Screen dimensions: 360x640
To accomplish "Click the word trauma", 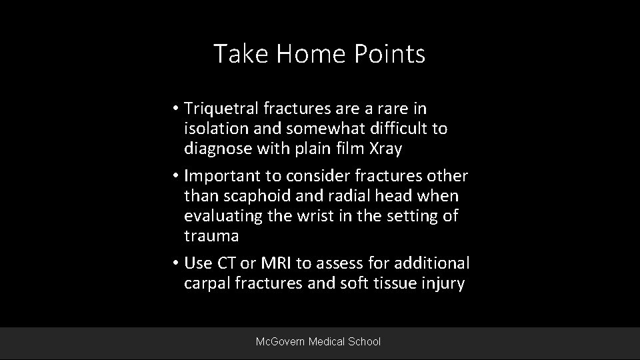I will coord(211,237).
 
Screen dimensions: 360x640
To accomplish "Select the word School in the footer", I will coord(364,341).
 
